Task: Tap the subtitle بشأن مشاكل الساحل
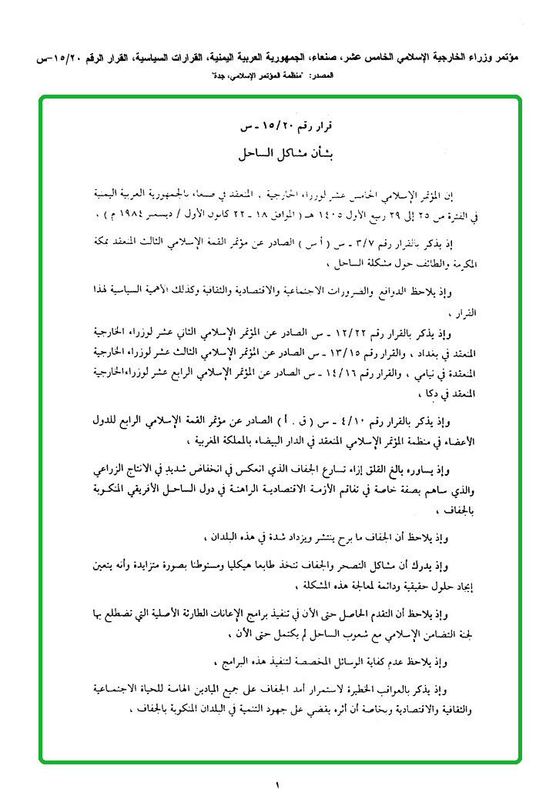point(278,154)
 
